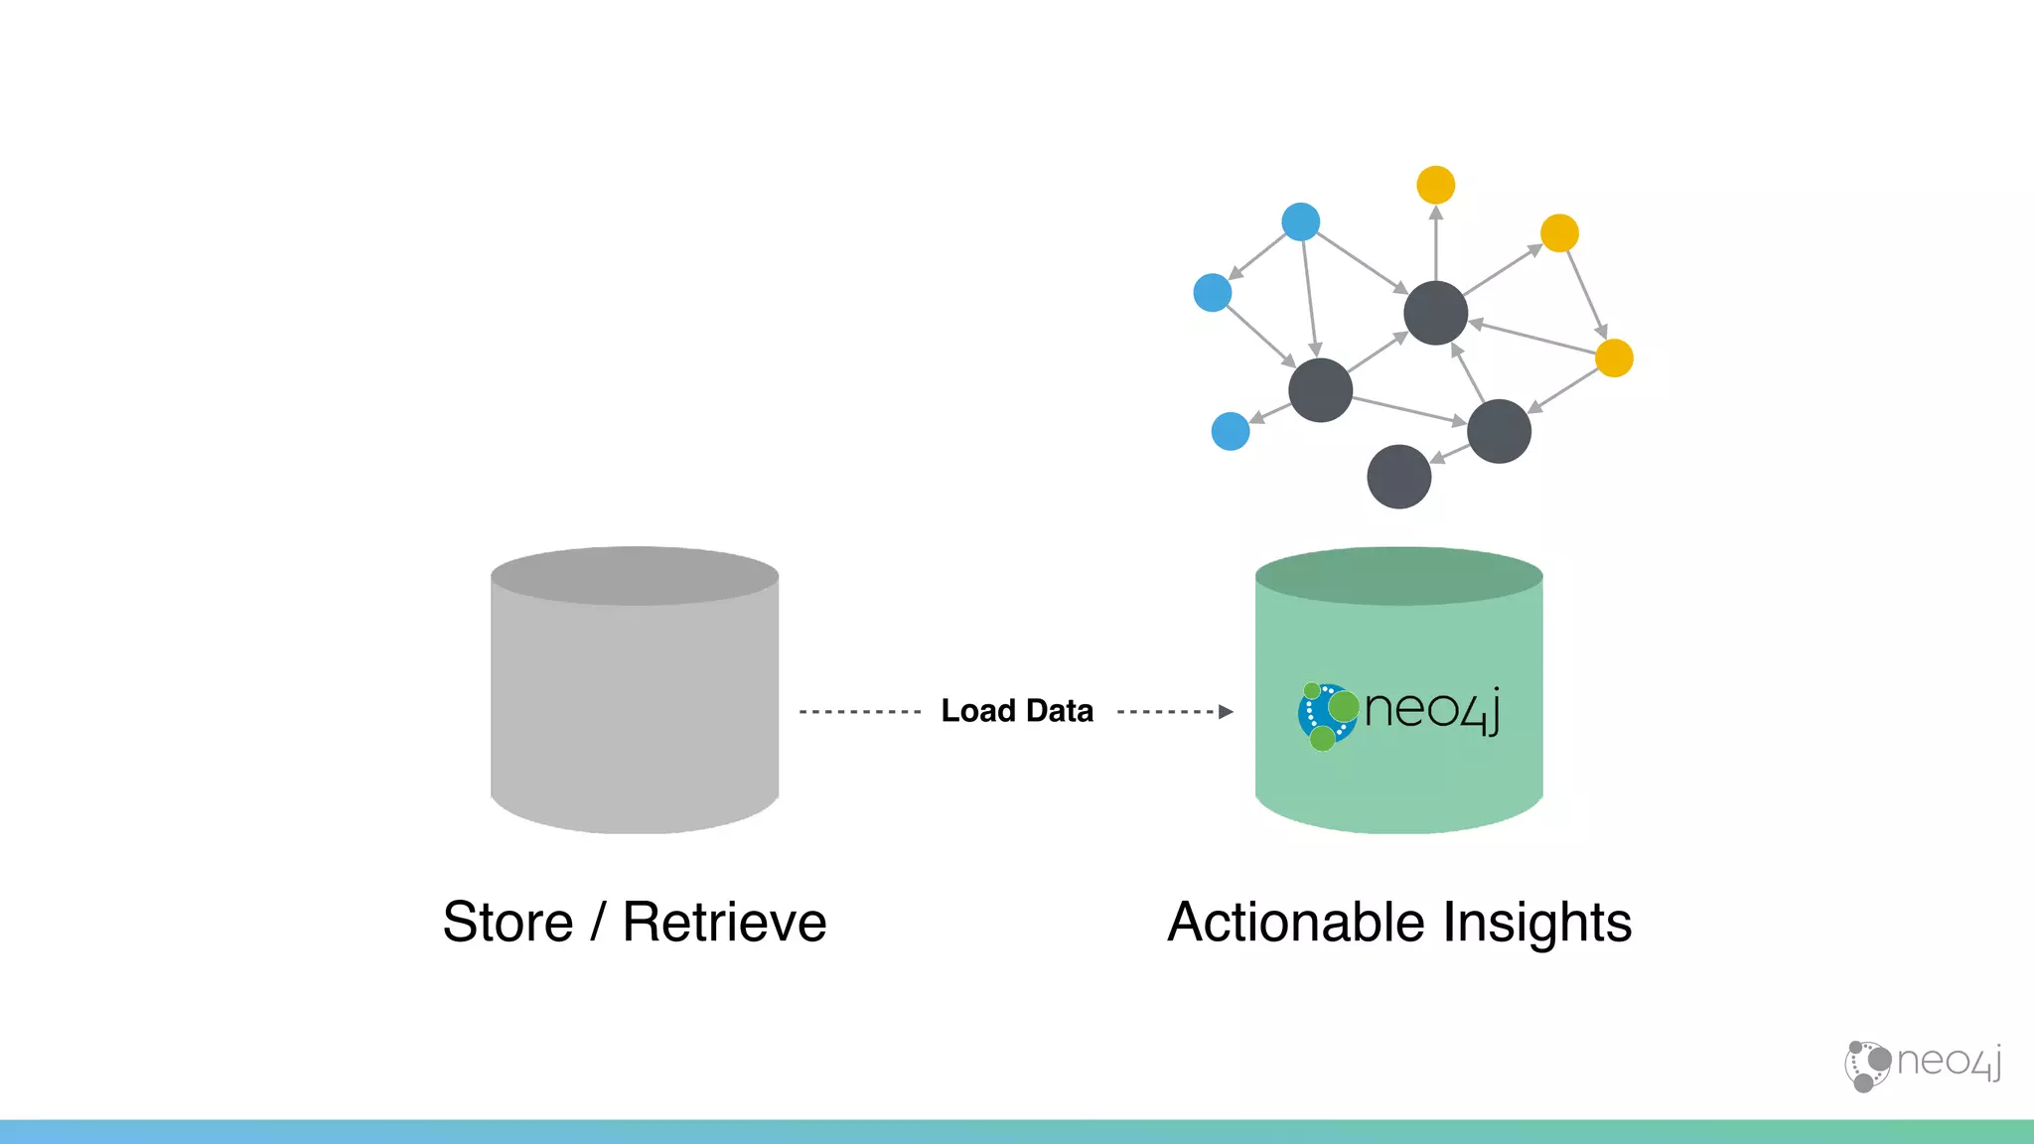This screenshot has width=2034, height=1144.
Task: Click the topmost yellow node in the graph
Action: pos(1435,185)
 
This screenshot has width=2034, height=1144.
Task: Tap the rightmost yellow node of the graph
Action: pos(1614,357)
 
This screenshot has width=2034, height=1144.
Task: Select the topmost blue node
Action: pos(1300,221)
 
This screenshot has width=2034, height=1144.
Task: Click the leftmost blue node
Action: pos(1212,293)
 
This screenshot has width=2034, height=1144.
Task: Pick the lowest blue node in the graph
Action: pos(1231,431)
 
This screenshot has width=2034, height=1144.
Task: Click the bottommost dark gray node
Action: pos(1398,477)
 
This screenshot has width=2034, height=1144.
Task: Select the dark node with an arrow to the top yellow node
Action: pos(1435,313)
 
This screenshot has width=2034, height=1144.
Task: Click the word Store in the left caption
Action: pos(508,922)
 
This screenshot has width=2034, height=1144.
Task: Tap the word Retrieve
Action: pos(724,922)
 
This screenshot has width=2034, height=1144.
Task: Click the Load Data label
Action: pos(1017,711)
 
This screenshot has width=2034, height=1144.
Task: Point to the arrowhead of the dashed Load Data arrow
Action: pos(1226,711)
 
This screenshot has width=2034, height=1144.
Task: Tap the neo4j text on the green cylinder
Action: pos(1431,710)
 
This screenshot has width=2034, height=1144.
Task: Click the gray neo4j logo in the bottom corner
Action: pos(1923,1065)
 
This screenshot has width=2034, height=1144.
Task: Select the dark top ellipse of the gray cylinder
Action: pos(635,576)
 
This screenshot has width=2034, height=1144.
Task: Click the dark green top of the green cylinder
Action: pos(1398,576)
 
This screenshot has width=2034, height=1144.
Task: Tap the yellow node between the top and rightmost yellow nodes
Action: pos(1559,233)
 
